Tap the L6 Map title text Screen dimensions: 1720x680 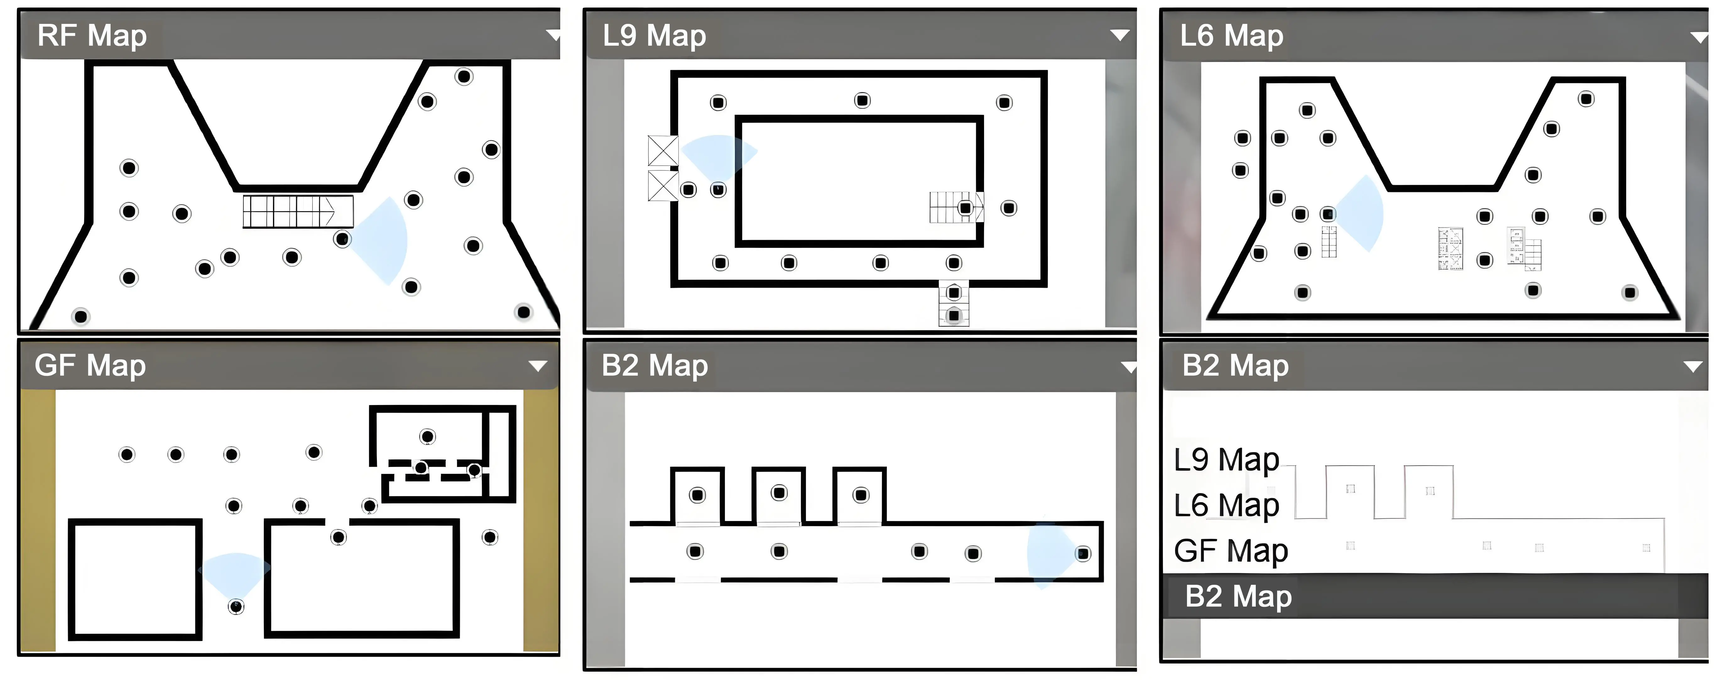tap(1231, 36)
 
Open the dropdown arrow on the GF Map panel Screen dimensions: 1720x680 tap(537, 365)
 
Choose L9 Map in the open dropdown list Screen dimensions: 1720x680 tap(1227, 460)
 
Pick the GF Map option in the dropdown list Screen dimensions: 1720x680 tap(1231, 551)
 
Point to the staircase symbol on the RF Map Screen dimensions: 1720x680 tap(298, 211)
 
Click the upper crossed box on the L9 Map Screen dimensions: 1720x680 tap(663, 151)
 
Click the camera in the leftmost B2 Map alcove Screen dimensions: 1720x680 tap(697, 495)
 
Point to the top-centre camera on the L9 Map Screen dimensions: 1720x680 tap(862, 100)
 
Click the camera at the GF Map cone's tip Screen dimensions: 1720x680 tap(236, 606)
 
